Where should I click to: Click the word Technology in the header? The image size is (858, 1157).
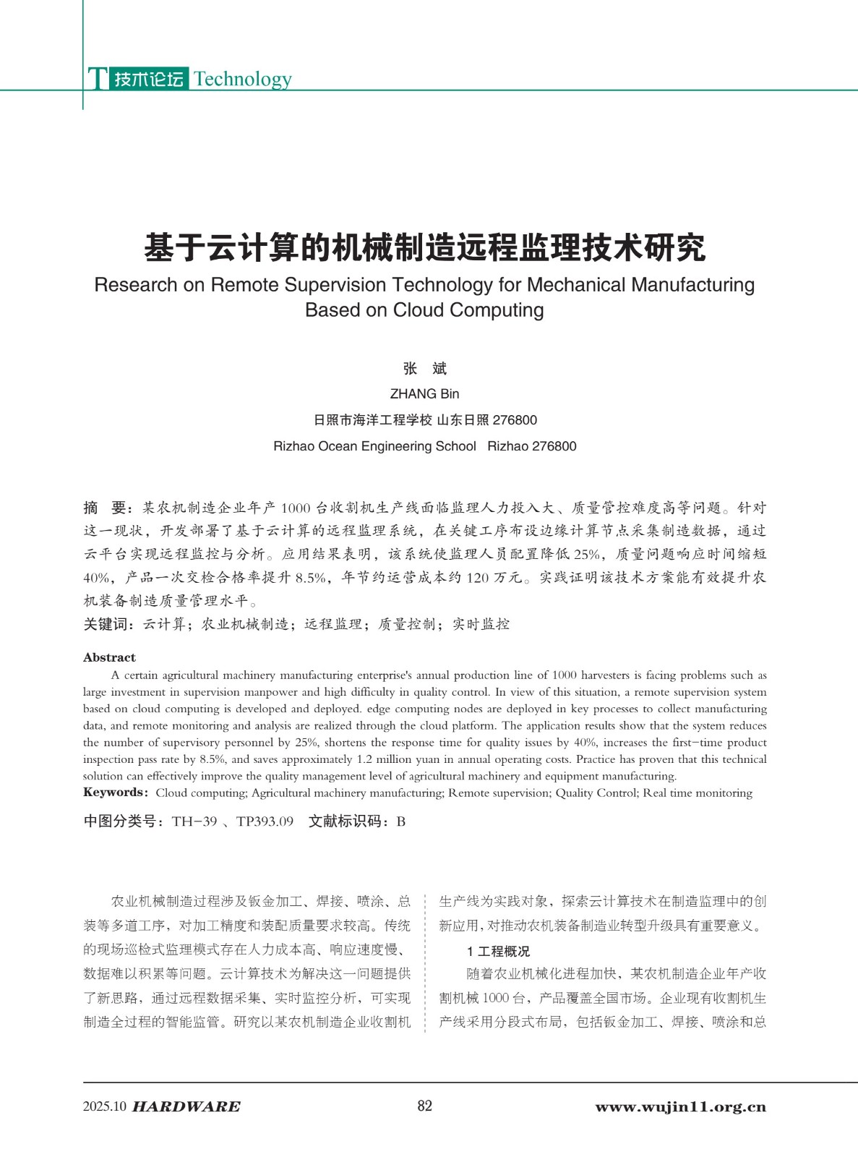[x=243, y=79]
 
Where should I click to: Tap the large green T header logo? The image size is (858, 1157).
[x=98, y=79]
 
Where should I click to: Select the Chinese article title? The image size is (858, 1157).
[x=424, y=248]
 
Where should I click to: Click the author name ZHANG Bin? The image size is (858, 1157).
[x=424, y=394]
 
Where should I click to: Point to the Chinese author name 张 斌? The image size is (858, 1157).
[x=424, y=369]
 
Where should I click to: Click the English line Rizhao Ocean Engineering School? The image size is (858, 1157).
[x=374, y=446]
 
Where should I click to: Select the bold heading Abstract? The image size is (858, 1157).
[x=109, y=657]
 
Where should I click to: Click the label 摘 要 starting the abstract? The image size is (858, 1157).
[x=105, y=508]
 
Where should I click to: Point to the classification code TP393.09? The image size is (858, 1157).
[x=265, y=821]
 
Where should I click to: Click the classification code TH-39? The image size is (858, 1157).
[x=194, y=821]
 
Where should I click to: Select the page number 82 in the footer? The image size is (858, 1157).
[x=425, y=1106]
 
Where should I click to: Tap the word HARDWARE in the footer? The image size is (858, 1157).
[x=186, y=1106]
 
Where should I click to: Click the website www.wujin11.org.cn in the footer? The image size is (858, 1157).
[x=680, y=1106]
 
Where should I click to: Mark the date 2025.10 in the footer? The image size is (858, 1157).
[x=105, y=1106]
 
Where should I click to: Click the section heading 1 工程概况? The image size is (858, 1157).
[x=498, y=951]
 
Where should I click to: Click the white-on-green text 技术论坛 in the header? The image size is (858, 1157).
[x=149, y=79]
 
